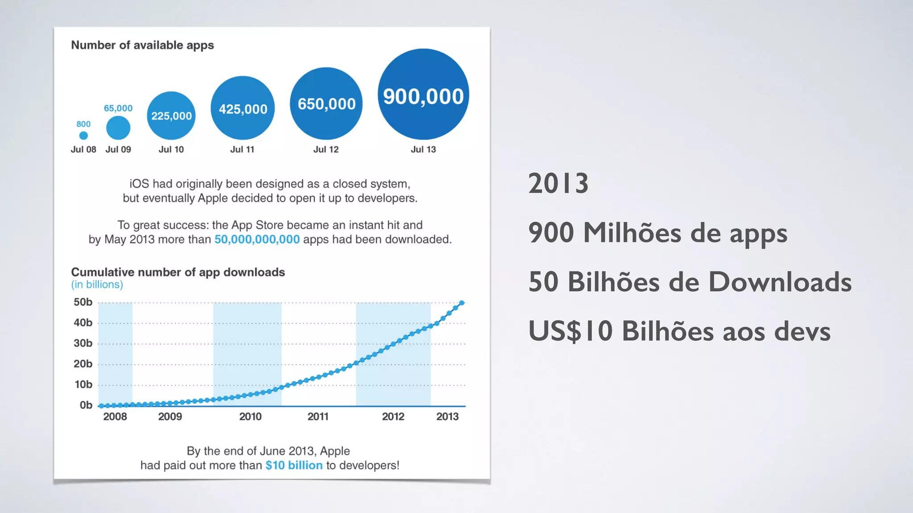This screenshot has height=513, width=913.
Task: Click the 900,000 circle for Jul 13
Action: point(423,94)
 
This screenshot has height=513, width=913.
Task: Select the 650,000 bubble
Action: point(326,104)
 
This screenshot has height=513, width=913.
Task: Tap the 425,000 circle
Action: point(243,108)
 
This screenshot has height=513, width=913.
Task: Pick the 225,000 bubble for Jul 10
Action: point(171,116)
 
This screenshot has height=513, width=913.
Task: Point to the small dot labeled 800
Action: point(83,135)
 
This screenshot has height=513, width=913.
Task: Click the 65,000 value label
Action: point(118,108)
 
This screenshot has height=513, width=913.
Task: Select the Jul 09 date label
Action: point(118,150)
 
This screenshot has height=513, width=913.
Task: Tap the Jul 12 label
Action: point(326,150)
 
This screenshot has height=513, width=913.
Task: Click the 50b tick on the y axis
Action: point(83,302)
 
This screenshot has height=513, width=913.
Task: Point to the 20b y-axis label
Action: point(83,364)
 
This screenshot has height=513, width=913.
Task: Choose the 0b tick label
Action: point(86,405)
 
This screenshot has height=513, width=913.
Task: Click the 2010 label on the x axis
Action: point(250,417)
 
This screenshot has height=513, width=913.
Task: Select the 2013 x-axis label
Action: point(447,417)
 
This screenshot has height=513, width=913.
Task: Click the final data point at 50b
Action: point(462,303)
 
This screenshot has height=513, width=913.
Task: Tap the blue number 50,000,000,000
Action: point(257,240)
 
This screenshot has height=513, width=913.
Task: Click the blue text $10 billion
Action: point(294,465)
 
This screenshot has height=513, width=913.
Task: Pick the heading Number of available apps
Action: point(142,45)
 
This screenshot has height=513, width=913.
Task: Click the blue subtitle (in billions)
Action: point(97,285)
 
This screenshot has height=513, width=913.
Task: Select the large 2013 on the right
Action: point(558,183)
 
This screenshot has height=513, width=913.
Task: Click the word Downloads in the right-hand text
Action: point(780,282)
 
